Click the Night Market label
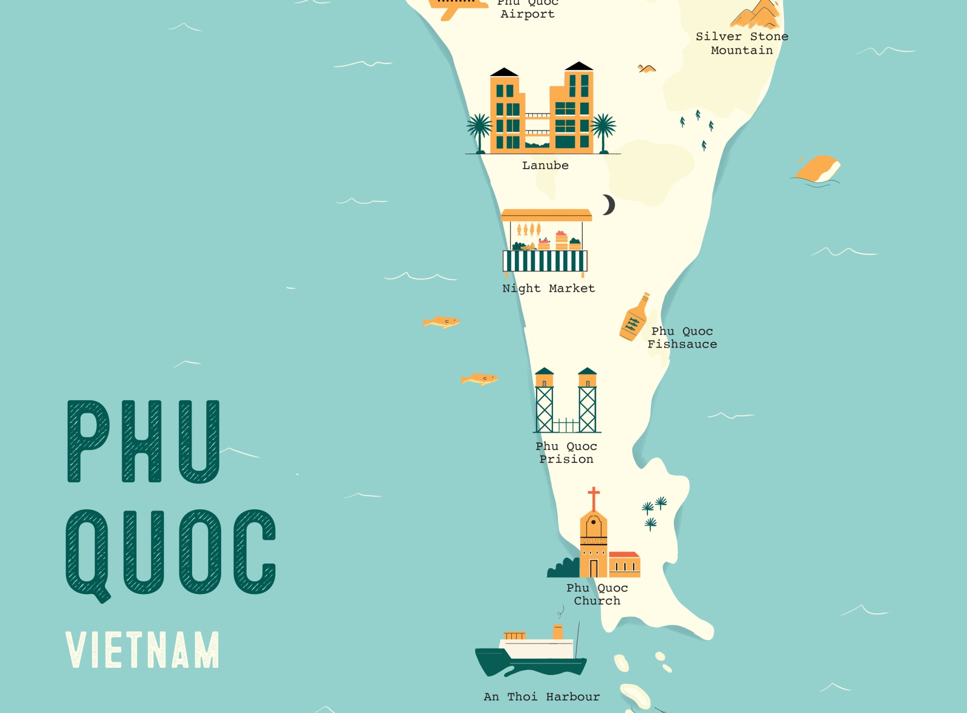point(548,289)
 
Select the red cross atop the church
point(594,498)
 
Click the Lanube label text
point(545,166)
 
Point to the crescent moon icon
point(609,205)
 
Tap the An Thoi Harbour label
point(542,697)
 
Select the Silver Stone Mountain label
point(742,44)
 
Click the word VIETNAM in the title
point(143,650)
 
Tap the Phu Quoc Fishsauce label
point(682,338)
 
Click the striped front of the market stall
point(545,261)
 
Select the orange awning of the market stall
point(546,215)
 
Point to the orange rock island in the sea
point(817,169)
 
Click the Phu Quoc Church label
point(597,595)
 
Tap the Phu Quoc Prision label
point(566,453)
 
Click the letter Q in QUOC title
point(88,553)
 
